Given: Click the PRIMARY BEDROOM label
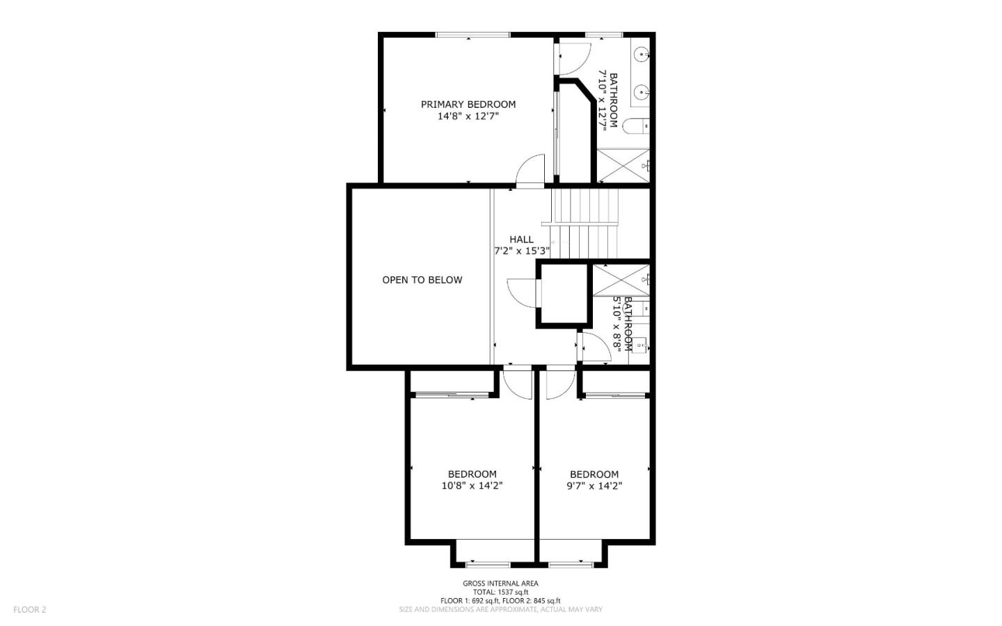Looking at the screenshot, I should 468,104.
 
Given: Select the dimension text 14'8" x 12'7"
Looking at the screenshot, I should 468,117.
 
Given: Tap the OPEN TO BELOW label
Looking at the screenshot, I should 422,280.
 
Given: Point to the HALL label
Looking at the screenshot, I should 521,240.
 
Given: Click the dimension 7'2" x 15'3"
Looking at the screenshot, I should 522,251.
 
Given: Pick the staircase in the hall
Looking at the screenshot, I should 585,223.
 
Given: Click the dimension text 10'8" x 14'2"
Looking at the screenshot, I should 472,486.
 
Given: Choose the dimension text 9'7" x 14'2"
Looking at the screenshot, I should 594,486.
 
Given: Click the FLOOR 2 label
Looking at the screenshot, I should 29,609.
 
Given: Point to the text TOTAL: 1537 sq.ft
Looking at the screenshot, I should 500,592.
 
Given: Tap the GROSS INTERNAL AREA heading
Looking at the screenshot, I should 500,584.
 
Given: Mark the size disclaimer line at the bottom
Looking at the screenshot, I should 500,609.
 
